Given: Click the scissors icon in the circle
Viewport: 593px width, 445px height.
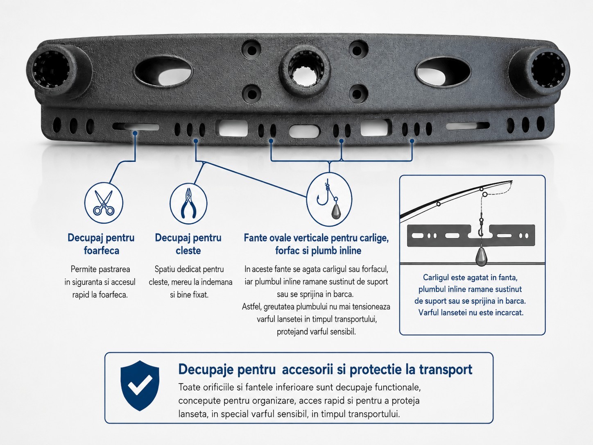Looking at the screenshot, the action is pyautogui.click(x=104, y=203).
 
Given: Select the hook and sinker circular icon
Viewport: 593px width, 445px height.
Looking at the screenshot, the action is pyautogui.click(x=329, y=200).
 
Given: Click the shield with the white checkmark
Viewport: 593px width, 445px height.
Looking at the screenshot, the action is pyautogui.click(x=140, y=386).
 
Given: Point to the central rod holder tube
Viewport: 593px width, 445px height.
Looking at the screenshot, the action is pyautogui.click(x=304, y=71).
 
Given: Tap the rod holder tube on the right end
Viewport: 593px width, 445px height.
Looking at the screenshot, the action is pyautogui.click(x=539, y=71).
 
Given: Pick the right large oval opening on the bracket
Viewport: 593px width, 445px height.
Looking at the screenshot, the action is pyautogui.click(x=443, y=72).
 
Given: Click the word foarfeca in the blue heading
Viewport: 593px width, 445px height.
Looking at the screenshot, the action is pyautogui.click(x=101, y=250).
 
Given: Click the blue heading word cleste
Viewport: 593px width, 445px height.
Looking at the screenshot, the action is pyautogui.click(x=188, y=250).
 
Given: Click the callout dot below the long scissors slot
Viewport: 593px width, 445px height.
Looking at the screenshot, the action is pyautogui.click(x=135, y=133).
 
